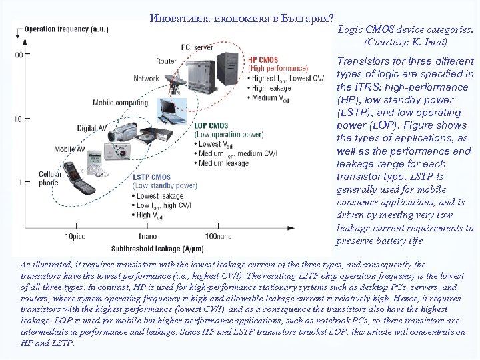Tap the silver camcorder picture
(x=119, y=137)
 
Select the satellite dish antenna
(x=176, y=83)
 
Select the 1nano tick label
(x=147, y=237)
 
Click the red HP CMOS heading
(x=263, y=60)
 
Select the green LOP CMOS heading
(x=211, y=125)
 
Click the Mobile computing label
(x=121, y=103)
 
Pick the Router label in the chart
(x=167, y=61)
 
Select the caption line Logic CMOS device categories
(x=406, y=30)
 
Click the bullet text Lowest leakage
(x=159, y=196)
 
